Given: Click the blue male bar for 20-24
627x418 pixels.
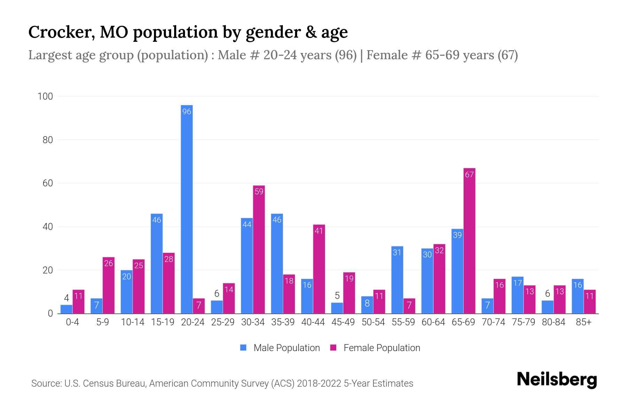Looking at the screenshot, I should (187, 209).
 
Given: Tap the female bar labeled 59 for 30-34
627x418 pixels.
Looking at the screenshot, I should (259, 249).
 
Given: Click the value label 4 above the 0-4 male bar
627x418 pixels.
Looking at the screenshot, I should (67, 298).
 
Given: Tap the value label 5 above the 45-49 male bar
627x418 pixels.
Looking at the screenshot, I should (337, 296).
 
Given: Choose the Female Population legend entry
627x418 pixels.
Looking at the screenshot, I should (375, 348).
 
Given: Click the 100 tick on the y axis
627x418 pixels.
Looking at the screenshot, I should (45, 96).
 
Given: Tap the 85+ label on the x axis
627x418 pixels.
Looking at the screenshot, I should (583, 322).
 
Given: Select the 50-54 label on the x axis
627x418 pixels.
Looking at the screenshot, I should (373, 322).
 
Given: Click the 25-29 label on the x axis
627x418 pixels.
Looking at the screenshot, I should (223, 322).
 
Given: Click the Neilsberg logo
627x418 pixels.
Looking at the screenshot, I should (557, 379).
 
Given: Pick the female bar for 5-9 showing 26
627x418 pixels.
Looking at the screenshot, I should (109, 285).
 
